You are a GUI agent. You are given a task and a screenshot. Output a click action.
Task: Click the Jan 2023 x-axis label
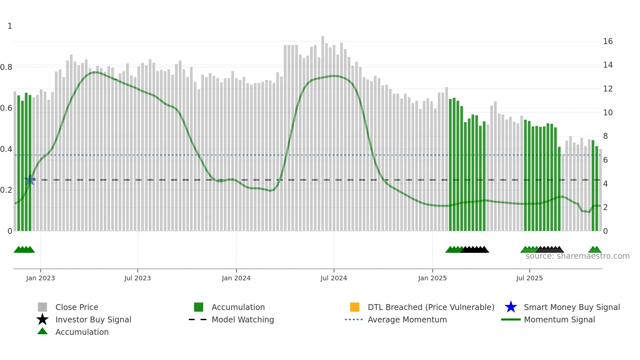[40, 278]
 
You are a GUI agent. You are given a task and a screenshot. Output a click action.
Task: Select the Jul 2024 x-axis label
[334, 278]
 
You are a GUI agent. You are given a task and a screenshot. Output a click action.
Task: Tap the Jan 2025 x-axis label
[432, 278]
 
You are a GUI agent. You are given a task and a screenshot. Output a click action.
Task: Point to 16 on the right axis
[608, 41]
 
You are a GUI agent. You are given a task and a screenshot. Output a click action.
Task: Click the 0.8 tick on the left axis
[7, 67]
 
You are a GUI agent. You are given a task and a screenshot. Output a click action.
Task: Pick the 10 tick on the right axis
[608, 113]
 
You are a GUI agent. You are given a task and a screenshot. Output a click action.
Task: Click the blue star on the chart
[30, 180]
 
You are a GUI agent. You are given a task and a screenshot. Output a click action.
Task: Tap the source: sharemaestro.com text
[577, 256]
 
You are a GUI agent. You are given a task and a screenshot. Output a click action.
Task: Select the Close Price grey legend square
[42, 307]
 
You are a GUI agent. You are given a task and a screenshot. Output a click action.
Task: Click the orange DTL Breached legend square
[355, 307]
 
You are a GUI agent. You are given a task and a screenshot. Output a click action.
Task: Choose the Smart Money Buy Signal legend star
[511, 307]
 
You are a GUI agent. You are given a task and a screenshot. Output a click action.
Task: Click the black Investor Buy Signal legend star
[42, 319]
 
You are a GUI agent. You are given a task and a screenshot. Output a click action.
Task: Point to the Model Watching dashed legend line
[198, 319]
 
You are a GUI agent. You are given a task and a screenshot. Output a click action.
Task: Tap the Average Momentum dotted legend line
[354, 319]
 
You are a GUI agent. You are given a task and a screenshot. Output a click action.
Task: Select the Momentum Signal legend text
[559, 319]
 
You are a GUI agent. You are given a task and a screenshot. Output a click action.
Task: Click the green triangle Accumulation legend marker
[42, 331]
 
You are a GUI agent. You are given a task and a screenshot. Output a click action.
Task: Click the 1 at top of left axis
[10, 26]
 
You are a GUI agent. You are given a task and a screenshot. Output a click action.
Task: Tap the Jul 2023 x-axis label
[137, 278]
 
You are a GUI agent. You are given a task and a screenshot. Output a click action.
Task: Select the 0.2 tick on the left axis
[7, 190]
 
